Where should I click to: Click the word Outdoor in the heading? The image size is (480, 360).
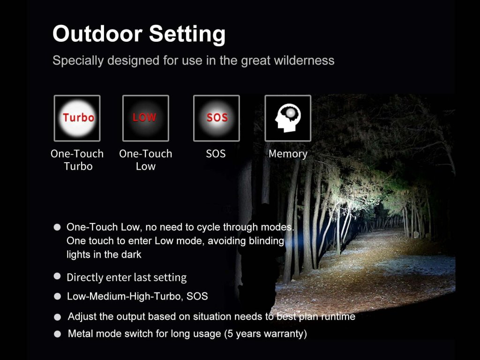click(x=97, y=33)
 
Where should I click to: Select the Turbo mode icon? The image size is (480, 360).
click(x=77, y=118)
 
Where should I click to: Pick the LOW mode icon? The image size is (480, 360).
click(x=146, y=118)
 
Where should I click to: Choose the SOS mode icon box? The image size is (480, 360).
click(x=217, y=118)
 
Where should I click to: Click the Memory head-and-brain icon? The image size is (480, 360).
click(x=288, y=118)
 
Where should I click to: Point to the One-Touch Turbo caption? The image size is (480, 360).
click(x=77, y=160)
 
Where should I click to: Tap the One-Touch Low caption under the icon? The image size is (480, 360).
click(x=146, y=160)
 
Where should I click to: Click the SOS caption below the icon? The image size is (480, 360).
click(x=216, y=154)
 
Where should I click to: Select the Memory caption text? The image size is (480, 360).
click(x=288, y=154)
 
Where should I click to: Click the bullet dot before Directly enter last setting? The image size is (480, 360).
click(x=57, y=276)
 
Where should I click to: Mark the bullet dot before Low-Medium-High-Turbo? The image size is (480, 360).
click(x=57, y=296)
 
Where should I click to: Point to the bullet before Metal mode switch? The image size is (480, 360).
click(x=57, y=334)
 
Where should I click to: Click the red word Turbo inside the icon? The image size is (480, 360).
click(x=78, y=117)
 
